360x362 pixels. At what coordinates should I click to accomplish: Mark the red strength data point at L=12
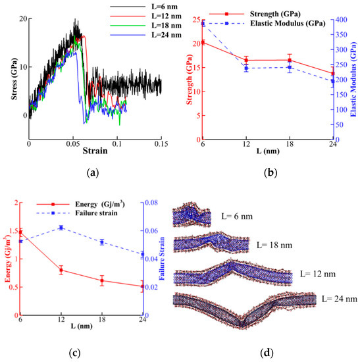coord(246,60)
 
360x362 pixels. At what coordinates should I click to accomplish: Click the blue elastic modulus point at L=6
coord(203,24)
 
